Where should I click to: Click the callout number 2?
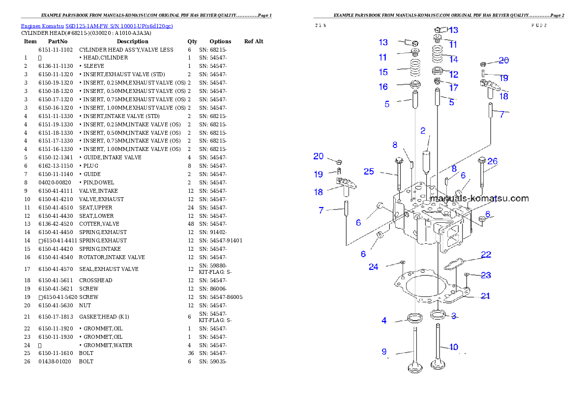click(423, 131)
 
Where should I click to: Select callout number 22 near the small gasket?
click(486, 255)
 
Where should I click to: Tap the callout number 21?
click(485, 296)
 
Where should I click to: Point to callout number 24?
click(374, 267)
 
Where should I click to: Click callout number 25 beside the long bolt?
click(369, 172)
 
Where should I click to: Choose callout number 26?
click(492, 161)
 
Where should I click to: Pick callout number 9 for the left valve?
click(384, 352)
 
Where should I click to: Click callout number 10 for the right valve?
click(453, 347)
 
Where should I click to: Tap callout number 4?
click(384, 321)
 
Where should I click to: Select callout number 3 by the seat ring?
click(454, 316)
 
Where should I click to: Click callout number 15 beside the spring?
click(383, 72)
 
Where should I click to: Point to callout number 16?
click(383, 87)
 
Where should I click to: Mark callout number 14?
click(453, 59)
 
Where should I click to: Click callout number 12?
click(453, 75)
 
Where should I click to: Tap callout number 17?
click(453, 88)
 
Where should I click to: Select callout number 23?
click(486, 275)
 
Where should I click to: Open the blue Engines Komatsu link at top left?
click(97, 26)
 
